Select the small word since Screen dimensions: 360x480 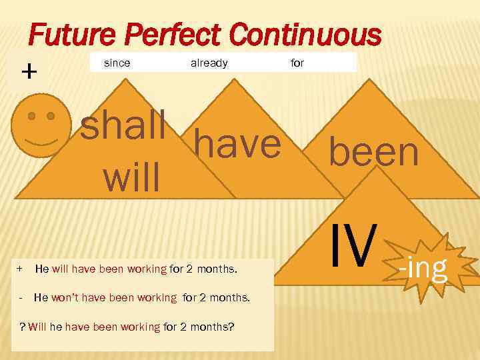click(x=117, y=63)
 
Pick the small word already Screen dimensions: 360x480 click(x=209, y=63)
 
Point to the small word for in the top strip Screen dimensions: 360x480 click(x=297, y=63)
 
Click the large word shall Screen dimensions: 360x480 click(x=123, y=127)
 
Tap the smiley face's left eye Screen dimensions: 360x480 click(x=31, y=115)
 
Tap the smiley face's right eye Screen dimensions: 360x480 click(x=51, y=115)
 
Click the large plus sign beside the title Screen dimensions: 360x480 click(x=29, y=71)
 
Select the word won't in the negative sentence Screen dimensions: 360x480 click(x=67, y=297)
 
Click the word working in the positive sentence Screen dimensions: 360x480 click(x=146, y=269)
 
